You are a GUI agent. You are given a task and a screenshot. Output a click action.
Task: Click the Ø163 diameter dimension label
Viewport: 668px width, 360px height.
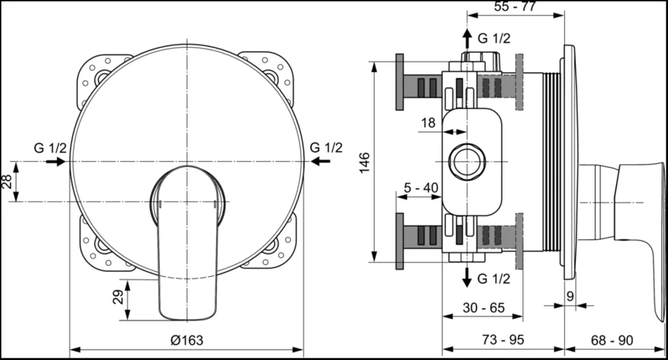(x=186, y=340)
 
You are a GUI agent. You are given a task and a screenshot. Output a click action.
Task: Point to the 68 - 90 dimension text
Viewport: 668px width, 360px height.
(x=613, y=340)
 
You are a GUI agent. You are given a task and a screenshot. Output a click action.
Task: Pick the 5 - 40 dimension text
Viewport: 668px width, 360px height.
(x=419, y=188)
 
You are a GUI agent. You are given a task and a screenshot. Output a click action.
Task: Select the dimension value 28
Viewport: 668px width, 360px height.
(x=7, y=181)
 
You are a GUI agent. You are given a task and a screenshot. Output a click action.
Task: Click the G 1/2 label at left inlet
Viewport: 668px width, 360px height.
(x=50, y=147)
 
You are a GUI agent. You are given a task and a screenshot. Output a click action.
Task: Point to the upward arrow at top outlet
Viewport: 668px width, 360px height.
(x=466, y=39)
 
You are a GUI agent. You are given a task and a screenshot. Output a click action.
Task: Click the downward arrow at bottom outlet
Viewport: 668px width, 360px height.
(x=466, y=278)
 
